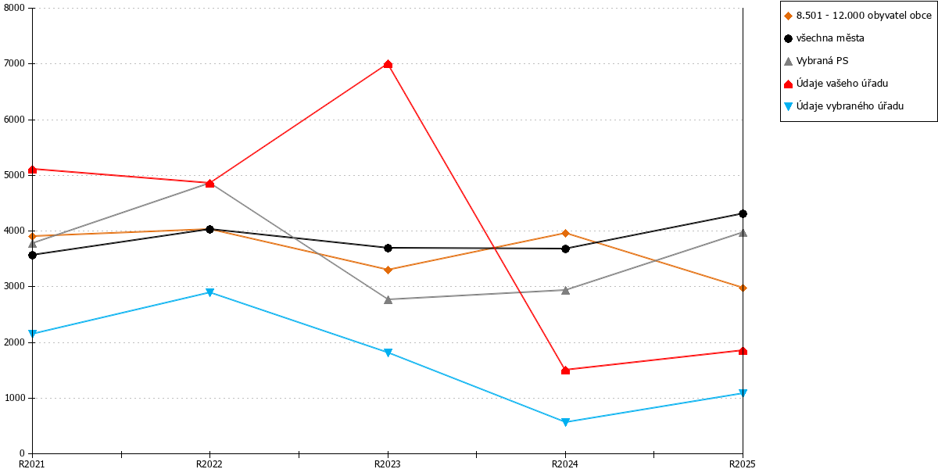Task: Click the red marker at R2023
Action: pyautogui.click(x=388, y=64)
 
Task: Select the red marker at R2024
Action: pyautogui.click(x=565, y=370)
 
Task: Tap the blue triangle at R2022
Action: pyautogui.click(x=210, y=292)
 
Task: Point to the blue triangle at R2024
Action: pyautogui.click(x=565, y=422)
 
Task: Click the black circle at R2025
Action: pyautogui.click(x=743, y=213)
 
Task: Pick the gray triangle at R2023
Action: pyautogui.click(x=388, y=299)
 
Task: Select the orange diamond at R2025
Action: pyautogui.click(x=743, y=288)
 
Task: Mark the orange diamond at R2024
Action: pyautogui.click(x=565, y=233)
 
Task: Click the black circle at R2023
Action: pyautogui.click(x=388, y=248)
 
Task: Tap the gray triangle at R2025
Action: pyautogui.click(x=743, y=233)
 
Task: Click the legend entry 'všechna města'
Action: pyautogui.click(x=824, y=38)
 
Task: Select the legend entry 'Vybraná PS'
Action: pyautogui.click(x=816, y=61)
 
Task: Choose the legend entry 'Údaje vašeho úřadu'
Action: pyautogui.click(x=836, y=84)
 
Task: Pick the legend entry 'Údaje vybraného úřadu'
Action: pyautogui.click(x=843, y=106)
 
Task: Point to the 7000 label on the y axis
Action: pyautogui.click(x=15, y=63)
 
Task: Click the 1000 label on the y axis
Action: pyautogui.click(x=15, y=398)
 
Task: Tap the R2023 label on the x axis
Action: pyautogui.click(x=388, y=464)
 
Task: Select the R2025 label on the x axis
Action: pyautogui.click(x=743, y=464)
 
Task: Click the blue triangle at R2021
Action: pyautogui.click(x=33, y=333)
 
